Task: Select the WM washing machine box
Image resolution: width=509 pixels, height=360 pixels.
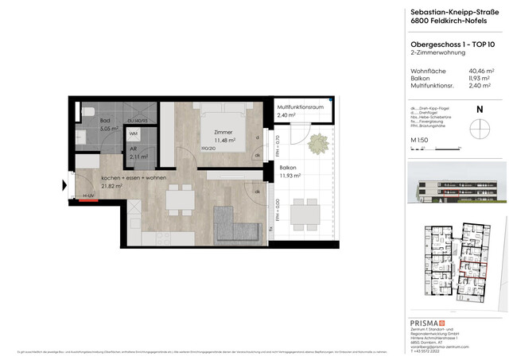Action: coord(134,135)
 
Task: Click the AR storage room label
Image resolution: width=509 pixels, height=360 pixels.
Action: coord(133,149)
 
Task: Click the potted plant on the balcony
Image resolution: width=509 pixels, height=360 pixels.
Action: coord(318,143)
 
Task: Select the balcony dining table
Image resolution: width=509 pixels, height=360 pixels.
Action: coord(302,213)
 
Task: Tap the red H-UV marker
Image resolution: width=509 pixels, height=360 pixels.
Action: coord(88,200)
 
